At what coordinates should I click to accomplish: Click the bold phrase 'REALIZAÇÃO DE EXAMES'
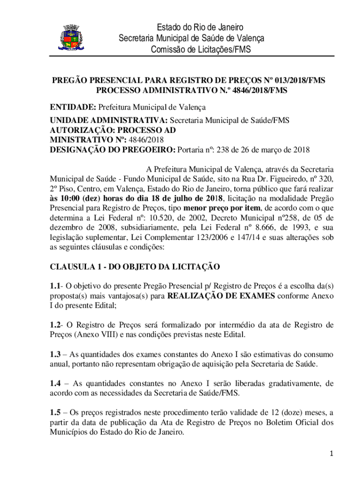(221, 296)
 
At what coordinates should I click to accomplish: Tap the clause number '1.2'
(56, 325)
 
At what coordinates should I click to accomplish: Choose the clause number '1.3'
(56, 354)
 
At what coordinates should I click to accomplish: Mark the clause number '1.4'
(56, 383)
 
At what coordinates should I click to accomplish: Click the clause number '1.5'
(56, 412)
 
